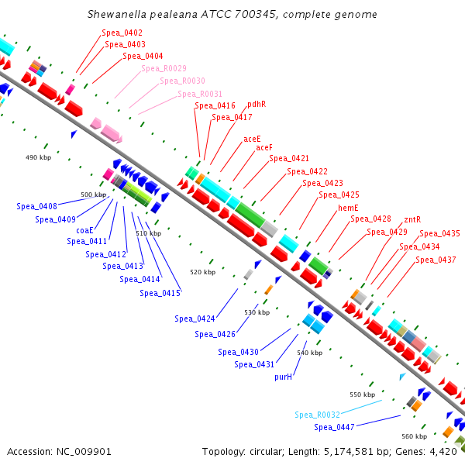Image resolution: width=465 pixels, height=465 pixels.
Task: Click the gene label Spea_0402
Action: pyautogui.click(x=122, y=33)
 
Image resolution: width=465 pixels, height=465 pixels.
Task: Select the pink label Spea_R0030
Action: pyautogui.click(x=183, y=81)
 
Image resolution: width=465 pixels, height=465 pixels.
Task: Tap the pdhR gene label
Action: pyautogui.click(x=257, y=104)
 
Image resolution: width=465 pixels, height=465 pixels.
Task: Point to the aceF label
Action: pyautogui.click(x=264, y=147)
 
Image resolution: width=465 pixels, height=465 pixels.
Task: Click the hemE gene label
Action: pyautogui.click(x=348, y=208)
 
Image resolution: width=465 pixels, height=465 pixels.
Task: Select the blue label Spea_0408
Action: pyautogui.click(x=37, y=206)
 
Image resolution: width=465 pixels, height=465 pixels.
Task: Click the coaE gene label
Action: pyautogui.click(x=84, y=230)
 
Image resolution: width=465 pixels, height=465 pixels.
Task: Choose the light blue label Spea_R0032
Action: pyautogui.click(x=317, y=415)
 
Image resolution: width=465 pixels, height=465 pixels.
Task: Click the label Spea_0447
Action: pyautogui.click(x=335, y=427)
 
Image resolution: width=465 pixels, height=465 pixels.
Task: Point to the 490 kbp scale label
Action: pyautogui.click(x=38, y=157)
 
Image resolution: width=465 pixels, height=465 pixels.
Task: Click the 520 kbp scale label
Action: pyautogui.click(x=202, y=273)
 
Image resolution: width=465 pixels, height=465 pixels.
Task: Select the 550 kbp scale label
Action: pyautogui.click(x=362, y=394)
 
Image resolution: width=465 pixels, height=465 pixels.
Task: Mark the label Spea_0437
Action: pyautogui.click(x=436, y=260)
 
